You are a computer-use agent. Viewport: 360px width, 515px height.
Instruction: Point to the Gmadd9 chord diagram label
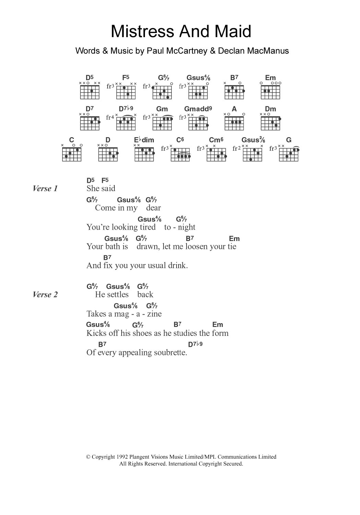point(198,109)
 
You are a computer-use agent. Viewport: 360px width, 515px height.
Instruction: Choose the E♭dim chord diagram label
point(144,140)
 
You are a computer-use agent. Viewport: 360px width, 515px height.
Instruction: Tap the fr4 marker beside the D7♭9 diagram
point(110,118)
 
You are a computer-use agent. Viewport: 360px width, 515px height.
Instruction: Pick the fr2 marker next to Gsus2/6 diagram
point(236,149)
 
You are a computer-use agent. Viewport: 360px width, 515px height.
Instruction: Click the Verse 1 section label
point(45,188)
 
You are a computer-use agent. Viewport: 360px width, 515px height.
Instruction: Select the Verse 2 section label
point(45,295)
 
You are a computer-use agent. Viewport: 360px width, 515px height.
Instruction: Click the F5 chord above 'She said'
point(105,180)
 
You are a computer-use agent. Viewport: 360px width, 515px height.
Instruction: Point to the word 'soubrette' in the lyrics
point(170,352)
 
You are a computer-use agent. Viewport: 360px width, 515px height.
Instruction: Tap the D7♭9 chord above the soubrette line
point(195,344)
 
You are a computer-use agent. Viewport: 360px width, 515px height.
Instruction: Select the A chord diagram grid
point(234,123)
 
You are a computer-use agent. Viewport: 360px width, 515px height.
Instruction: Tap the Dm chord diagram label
point(270,109)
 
